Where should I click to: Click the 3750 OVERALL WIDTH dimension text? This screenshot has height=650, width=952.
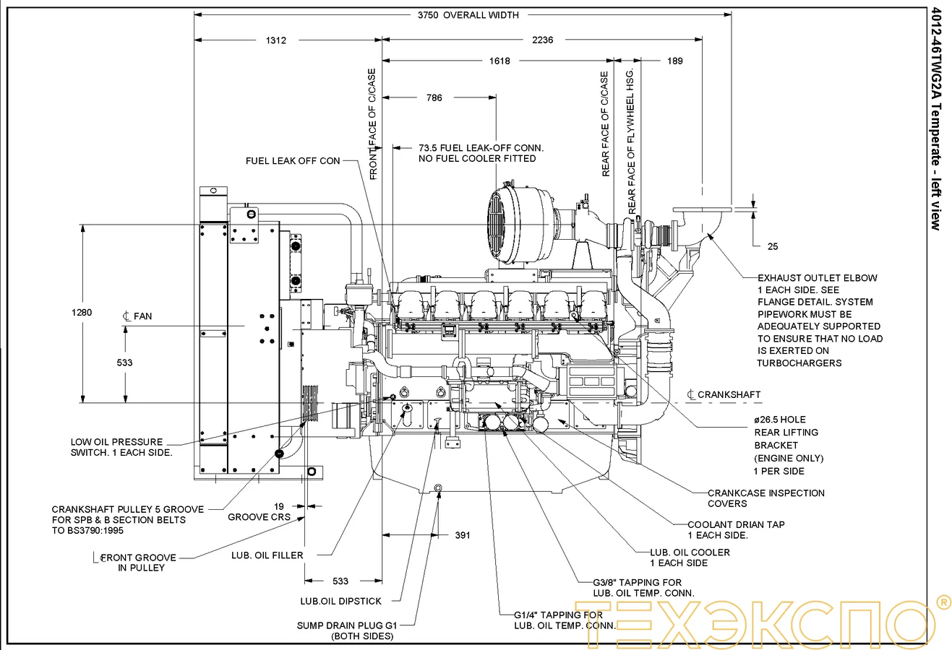point(468,14)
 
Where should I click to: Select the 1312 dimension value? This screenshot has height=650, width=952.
point(275,40)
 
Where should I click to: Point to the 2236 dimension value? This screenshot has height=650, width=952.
point(542,40)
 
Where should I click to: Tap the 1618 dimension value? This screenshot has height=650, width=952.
point(499,61)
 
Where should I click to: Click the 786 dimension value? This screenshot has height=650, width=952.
point(434,97)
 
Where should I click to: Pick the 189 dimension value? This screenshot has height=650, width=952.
point(674,61)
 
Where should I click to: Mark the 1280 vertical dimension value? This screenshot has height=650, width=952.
point(82,313)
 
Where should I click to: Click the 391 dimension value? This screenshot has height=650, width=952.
point(463,535)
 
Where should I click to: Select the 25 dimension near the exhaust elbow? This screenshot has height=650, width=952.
point(773,246)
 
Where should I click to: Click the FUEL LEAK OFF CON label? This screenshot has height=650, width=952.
point(293,160)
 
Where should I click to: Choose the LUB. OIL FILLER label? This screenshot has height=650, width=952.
point(267,555)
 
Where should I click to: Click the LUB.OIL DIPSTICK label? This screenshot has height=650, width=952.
point(340,601)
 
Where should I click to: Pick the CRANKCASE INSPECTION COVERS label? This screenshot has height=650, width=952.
point(766,498)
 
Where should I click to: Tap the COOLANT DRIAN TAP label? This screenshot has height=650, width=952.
point(735,529)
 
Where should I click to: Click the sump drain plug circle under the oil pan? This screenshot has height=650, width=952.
point(438,490)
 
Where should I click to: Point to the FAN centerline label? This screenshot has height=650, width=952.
point(138,316)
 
